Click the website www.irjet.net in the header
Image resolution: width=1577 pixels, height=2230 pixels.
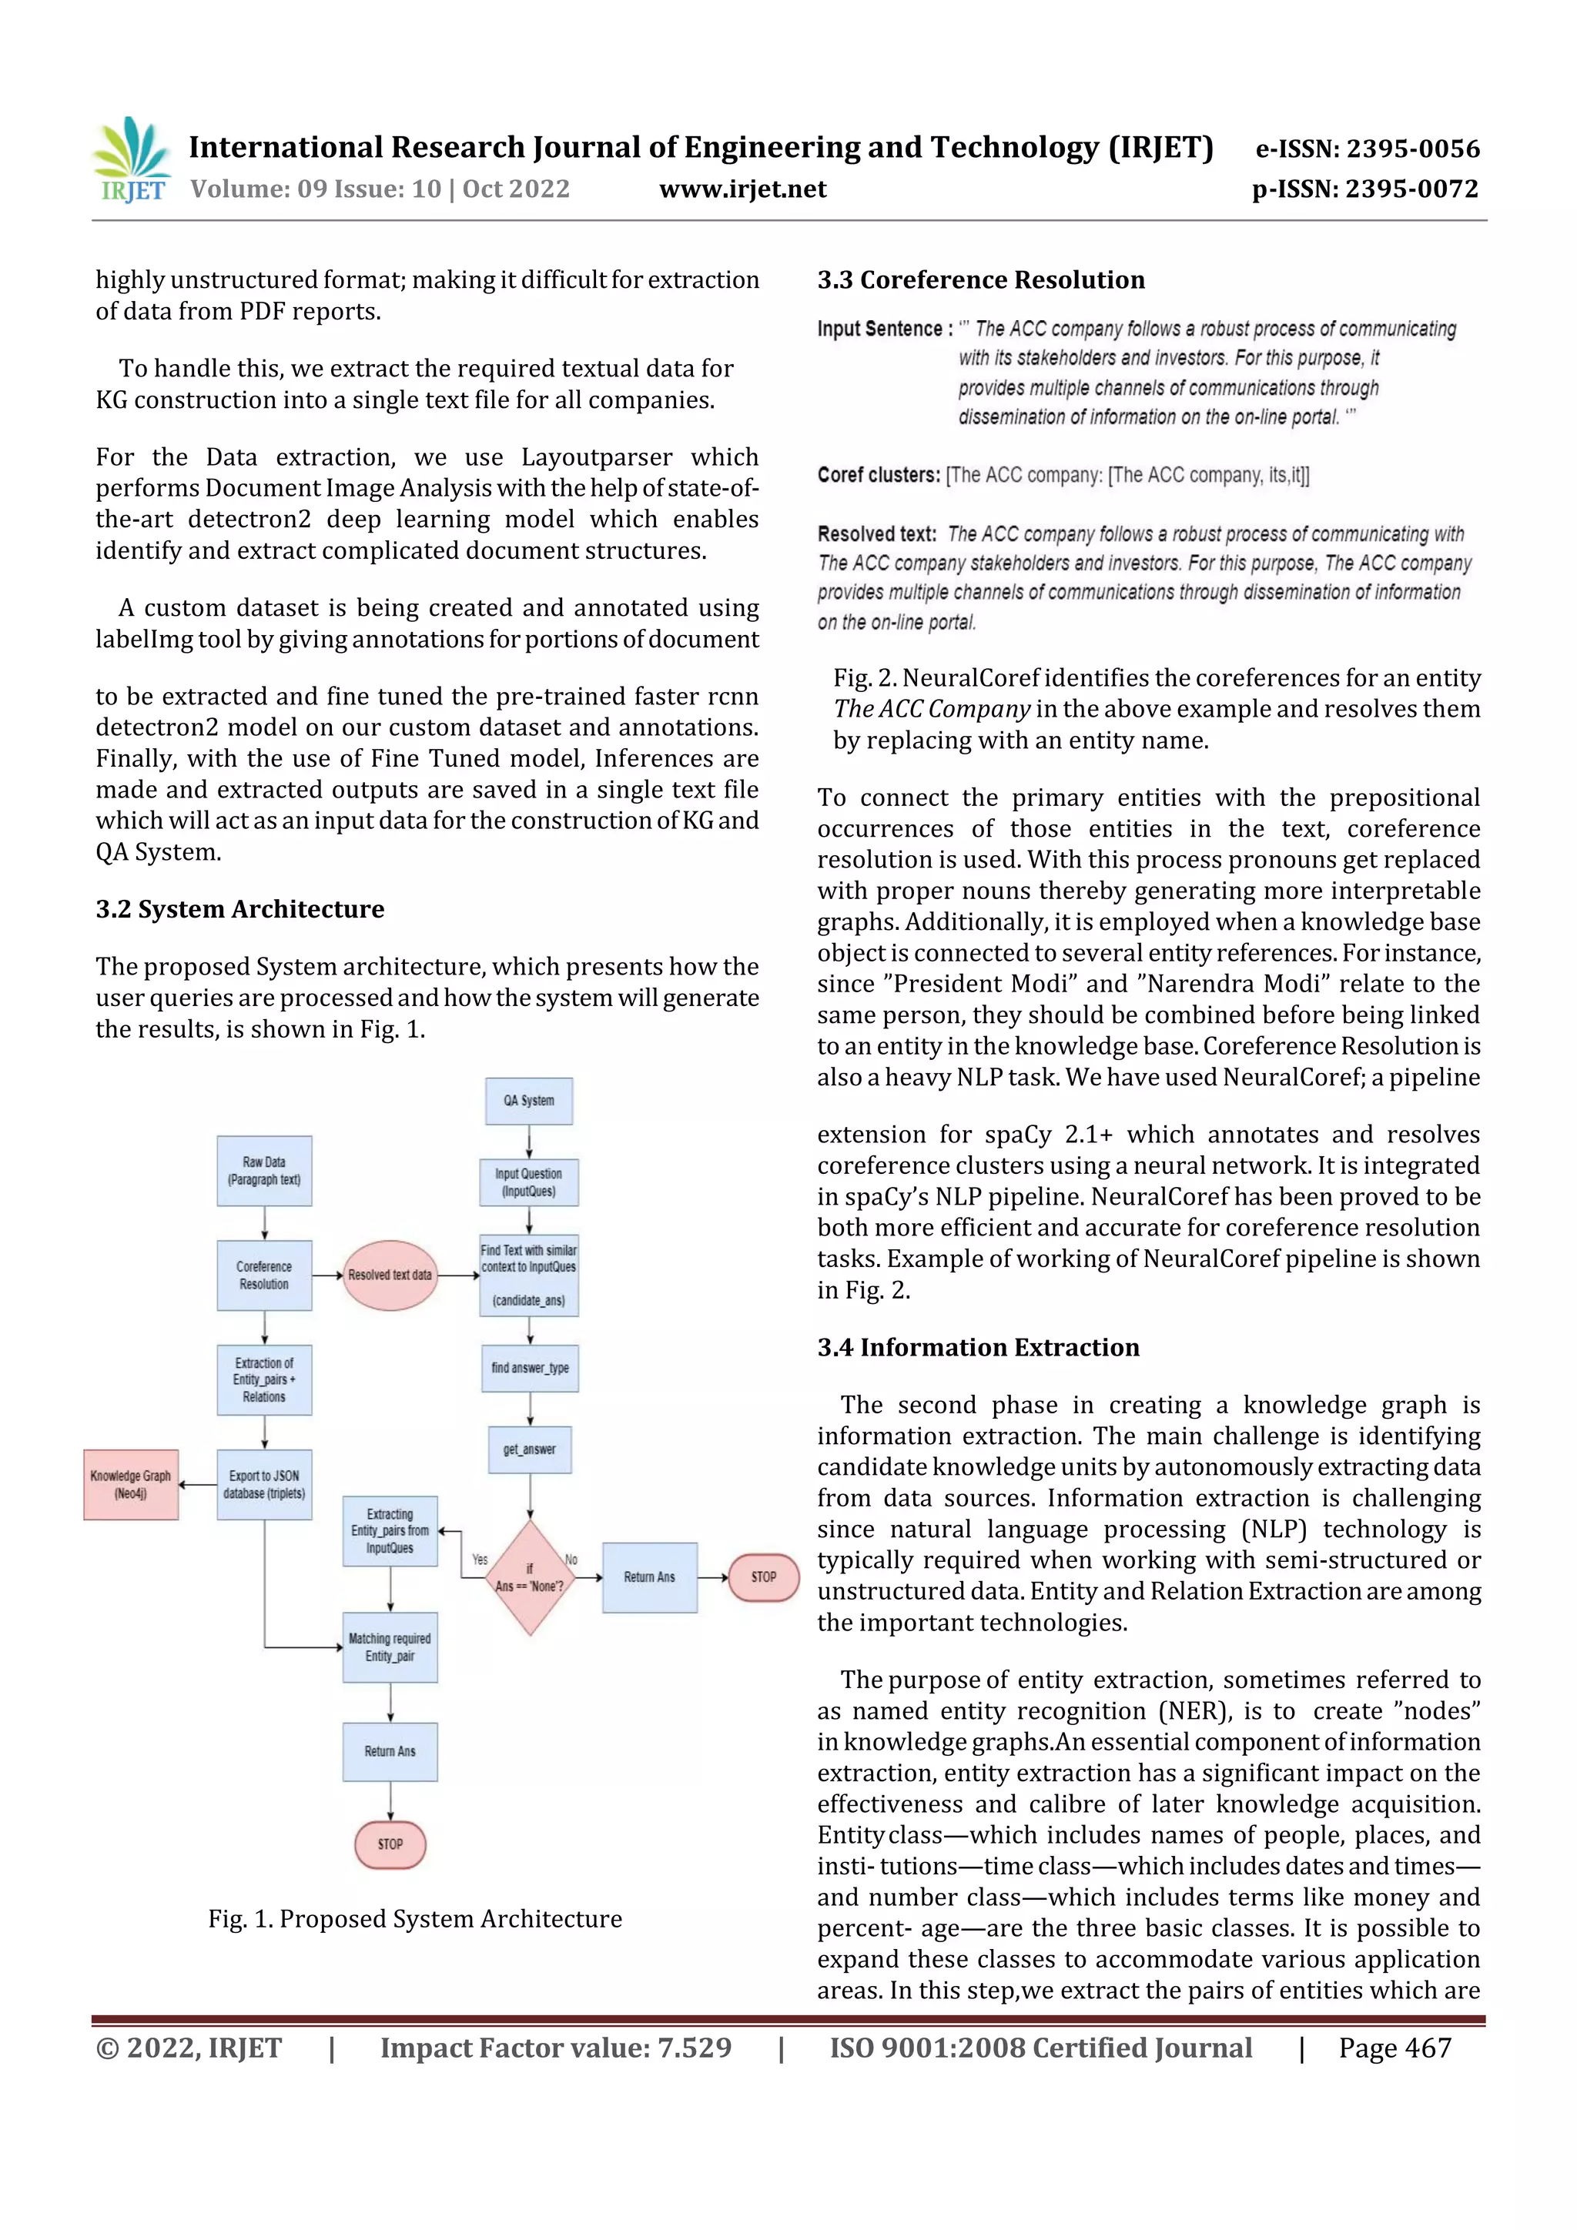pos(742,189)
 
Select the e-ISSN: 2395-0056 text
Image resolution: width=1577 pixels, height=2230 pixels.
pos(1367,149)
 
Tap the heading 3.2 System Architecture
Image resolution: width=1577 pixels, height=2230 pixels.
pos(240,909)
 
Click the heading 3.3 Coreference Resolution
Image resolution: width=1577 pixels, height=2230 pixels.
pos(980,279)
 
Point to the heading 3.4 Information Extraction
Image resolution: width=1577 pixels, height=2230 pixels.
pos(977,1347)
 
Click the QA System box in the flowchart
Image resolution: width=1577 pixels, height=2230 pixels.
pos(528,1101)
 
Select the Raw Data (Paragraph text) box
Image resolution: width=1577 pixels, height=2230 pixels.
pos(264,1170)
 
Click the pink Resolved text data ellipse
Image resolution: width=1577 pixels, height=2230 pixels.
pos(390,1275)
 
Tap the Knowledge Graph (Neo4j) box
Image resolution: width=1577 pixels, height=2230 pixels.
pos(130,1484)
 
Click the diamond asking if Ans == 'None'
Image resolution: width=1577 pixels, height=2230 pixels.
pos(530,1577)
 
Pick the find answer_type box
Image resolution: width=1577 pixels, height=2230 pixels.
pos(530,1368)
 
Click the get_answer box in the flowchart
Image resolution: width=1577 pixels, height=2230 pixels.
pos(530,1449)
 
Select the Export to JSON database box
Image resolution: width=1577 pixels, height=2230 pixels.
pos(264,1484)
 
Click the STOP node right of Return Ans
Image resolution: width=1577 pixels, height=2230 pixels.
pos(764,1577)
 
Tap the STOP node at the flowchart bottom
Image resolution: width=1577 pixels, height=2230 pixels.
pos(390,1844)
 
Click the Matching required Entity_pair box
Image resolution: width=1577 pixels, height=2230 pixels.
pos(390,1647)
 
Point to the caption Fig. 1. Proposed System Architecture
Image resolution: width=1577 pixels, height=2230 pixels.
pos(415,1919)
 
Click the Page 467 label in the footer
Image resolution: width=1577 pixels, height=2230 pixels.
pos(1395,2048)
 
